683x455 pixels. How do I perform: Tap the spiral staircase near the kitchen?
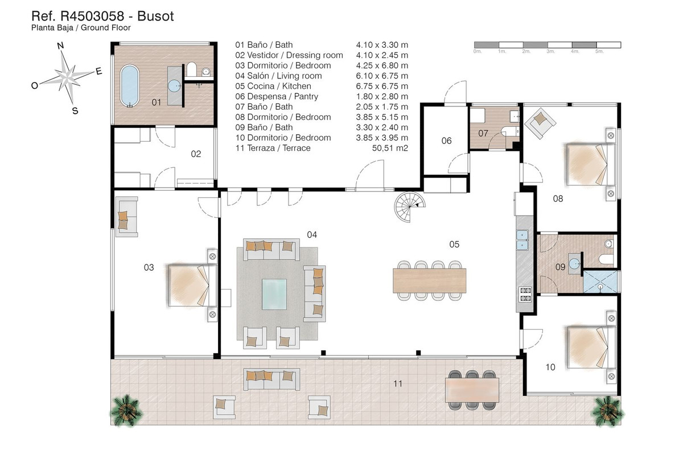coord(409,205)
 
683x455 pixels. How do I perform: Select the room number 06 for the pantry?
coord(446,140)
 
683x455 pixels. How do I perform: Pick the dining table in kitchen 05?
coord(429,280)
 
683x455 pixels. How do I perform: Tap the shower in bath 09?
coord(600,281)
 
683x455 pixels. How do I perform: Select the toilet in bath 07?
coord(508,133)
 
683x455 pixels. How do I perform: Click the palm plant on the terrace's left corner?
coord(125,408)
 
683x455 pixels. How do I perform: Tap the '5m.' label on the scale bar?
coord(599,51)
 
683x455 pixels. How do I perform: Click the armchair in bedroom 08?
coord(538,121)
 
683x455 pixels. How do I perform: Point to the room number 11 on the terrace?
coord(397,384)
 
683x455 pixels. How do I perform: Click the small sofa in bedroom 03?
coord(126,216)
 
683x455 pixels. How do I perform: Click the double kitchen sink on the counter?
coord(522,240)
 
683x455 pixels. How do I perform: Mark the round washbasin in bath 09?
coord(574,263)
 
